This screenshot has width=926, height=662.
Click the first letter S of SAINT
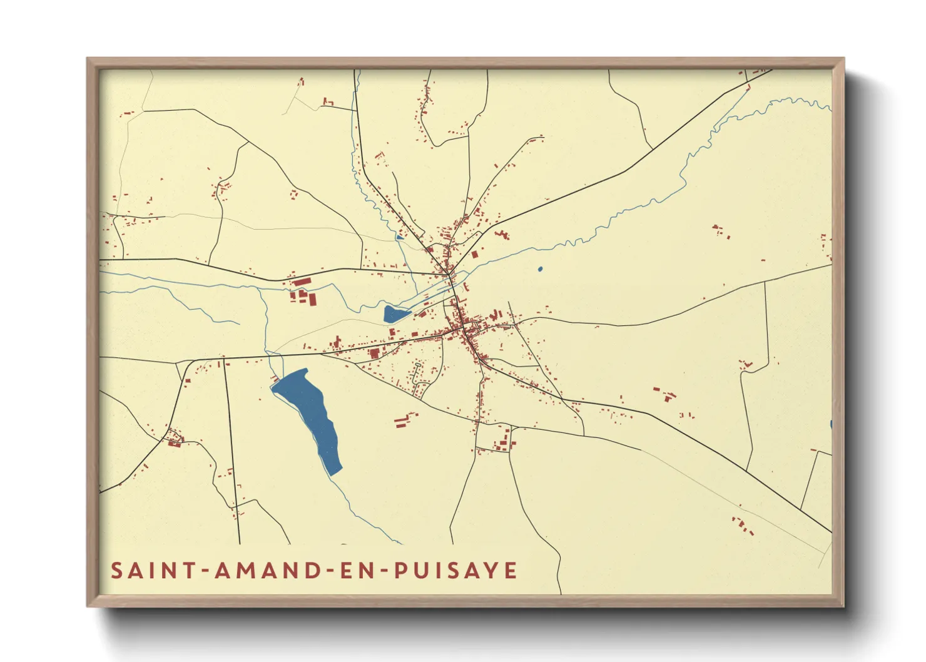click(x=116, y=571)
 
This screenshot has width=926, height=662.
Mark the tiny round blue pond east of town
click(x=540, y=270)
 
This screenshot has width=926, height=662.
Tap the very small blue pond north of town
click(x=399, y=238)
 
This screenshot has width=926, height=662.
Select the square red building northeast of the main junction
click(x=475, y=255)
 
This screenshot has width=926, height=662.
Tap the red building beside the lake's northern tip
click(x=275, y=377)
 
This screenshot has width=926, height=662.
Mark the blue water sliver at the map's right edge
click(x=830, y=425)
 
